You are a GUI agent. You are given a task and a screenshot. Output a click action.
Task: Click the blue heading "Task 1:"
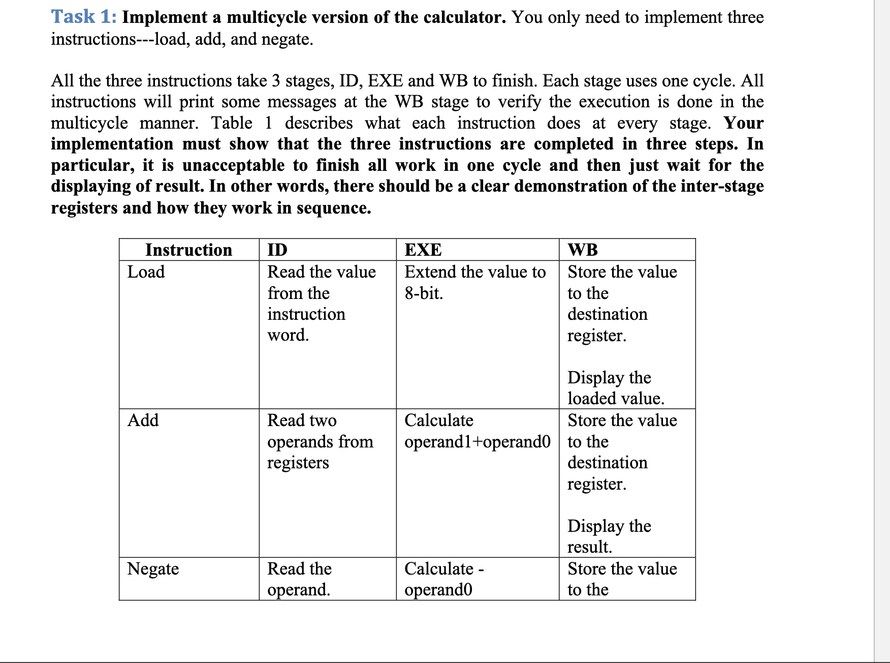point(84,17)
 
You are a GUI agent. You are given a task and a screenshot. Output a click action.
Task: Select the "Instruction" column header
point(188,250)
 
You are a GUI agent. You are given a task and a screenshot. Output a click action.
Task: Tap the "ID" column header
point(277,250)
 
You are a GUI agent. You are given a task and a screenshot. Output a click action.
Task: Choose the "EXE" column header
point(423,250)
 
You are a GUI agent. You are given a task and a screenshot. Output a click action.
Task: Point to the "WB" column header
point(583,250)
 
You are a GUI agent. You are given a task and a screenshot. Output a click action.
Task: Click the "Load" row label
point(146,272)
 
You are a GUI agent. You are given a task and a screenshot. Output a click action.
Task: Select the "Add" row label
point(143,420)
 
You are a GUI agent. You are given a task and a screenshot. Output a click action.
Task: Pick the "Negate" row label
point(153,568)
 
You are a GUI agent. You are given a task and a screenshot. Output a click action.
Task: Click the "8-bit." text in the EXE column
point(424,293)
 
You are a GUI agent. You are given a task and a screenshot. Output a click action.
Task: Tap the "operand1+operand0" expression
point(477,442)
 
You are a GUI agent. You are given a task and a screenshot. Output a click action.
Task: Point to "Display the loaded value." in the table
point(615,388)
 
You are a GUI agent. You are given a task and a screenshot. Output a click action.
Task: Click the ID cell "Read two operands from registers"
point(320,441)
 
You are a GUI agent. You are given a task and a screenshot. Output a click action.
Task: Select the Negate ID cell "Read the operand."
point(299,579)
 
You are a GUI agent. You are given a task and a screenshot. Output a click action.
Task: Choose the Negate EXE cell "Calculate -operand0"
point(443,579)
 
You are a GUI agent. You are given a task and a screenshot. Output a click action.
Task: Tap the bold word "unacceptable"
point(233,165)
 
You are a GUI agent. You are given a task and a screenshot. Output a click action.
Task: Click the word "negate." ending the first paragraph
point(287,39)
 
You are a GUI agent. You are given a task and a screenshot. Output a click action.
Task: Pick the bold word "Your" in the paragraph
point(743,123)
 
